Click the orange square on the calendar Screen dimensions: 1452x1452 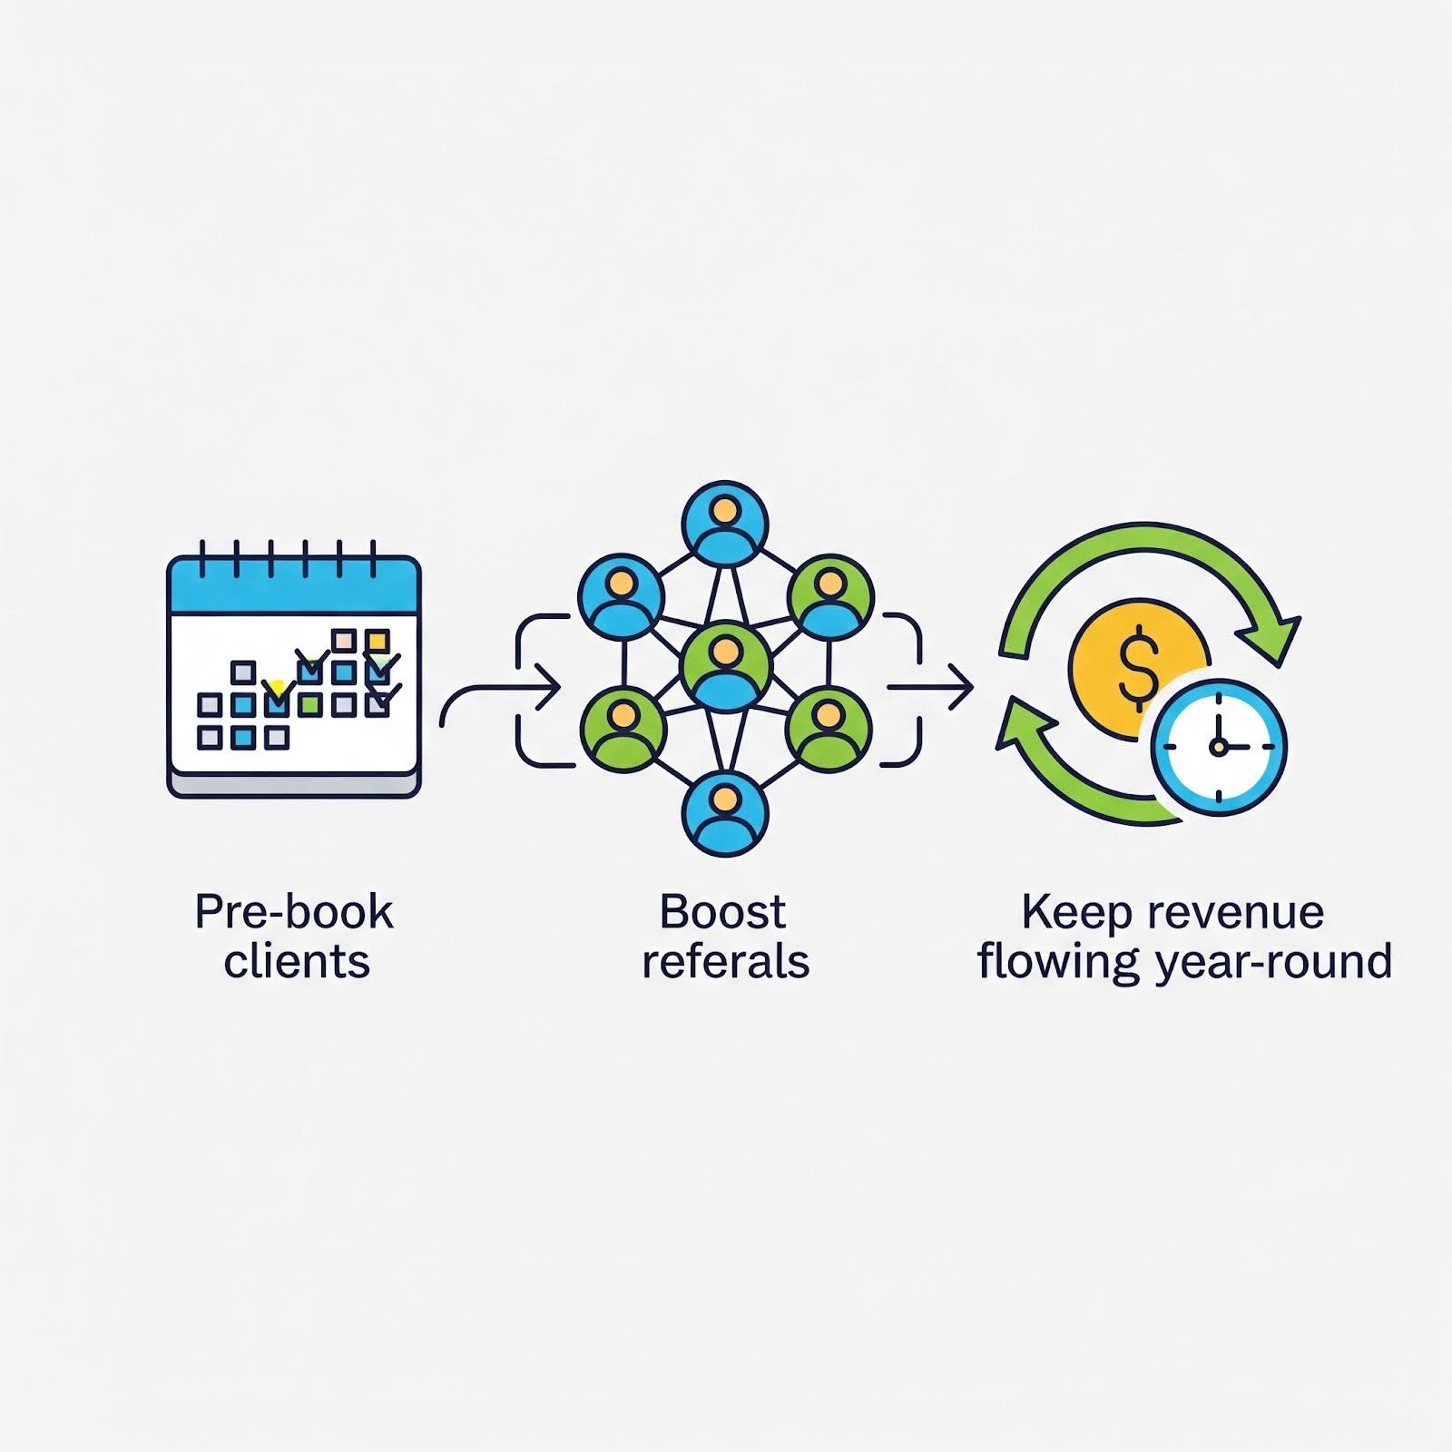tap(377, 642)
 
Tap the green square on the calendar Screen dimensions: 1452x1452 tap(310, 704)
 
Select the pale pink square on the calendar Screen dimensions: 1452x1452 tap(344, 641)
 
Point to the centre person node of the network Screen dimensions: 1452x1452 tap(725, 667)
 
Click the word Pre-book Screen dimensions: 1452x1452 tap(294, 912)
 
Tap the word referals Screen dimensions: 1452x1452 tap(725, 961)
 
